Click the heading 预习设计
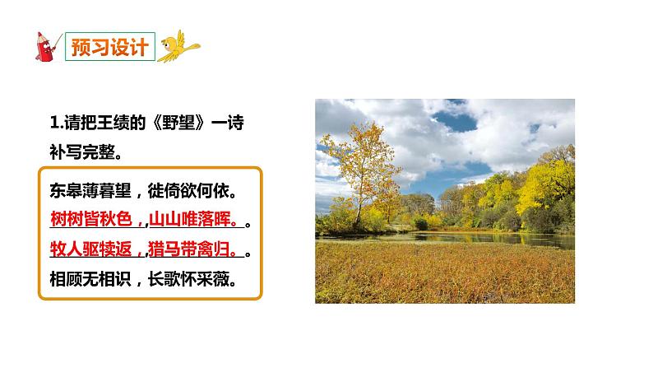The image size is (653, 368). point(109,45)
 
